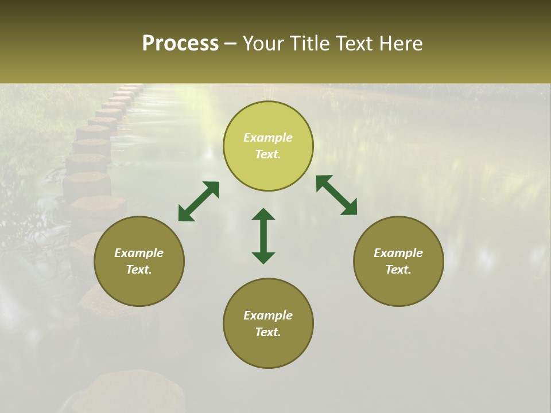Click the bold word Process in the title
point(180,44)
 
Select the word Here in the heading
point(401,44)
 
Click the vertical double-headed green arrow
point(263,236)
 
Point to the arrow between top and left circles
point(199,201)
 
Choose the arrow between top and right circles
point(336,195)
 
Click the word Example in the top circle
point(268,138)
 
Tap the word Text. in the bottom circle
point(268,332)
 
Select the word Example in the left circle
point(139,253)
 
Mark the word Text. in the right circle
point(398,270)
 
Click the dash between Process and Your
point(230,44)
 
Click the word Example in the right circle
point(398,253)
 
